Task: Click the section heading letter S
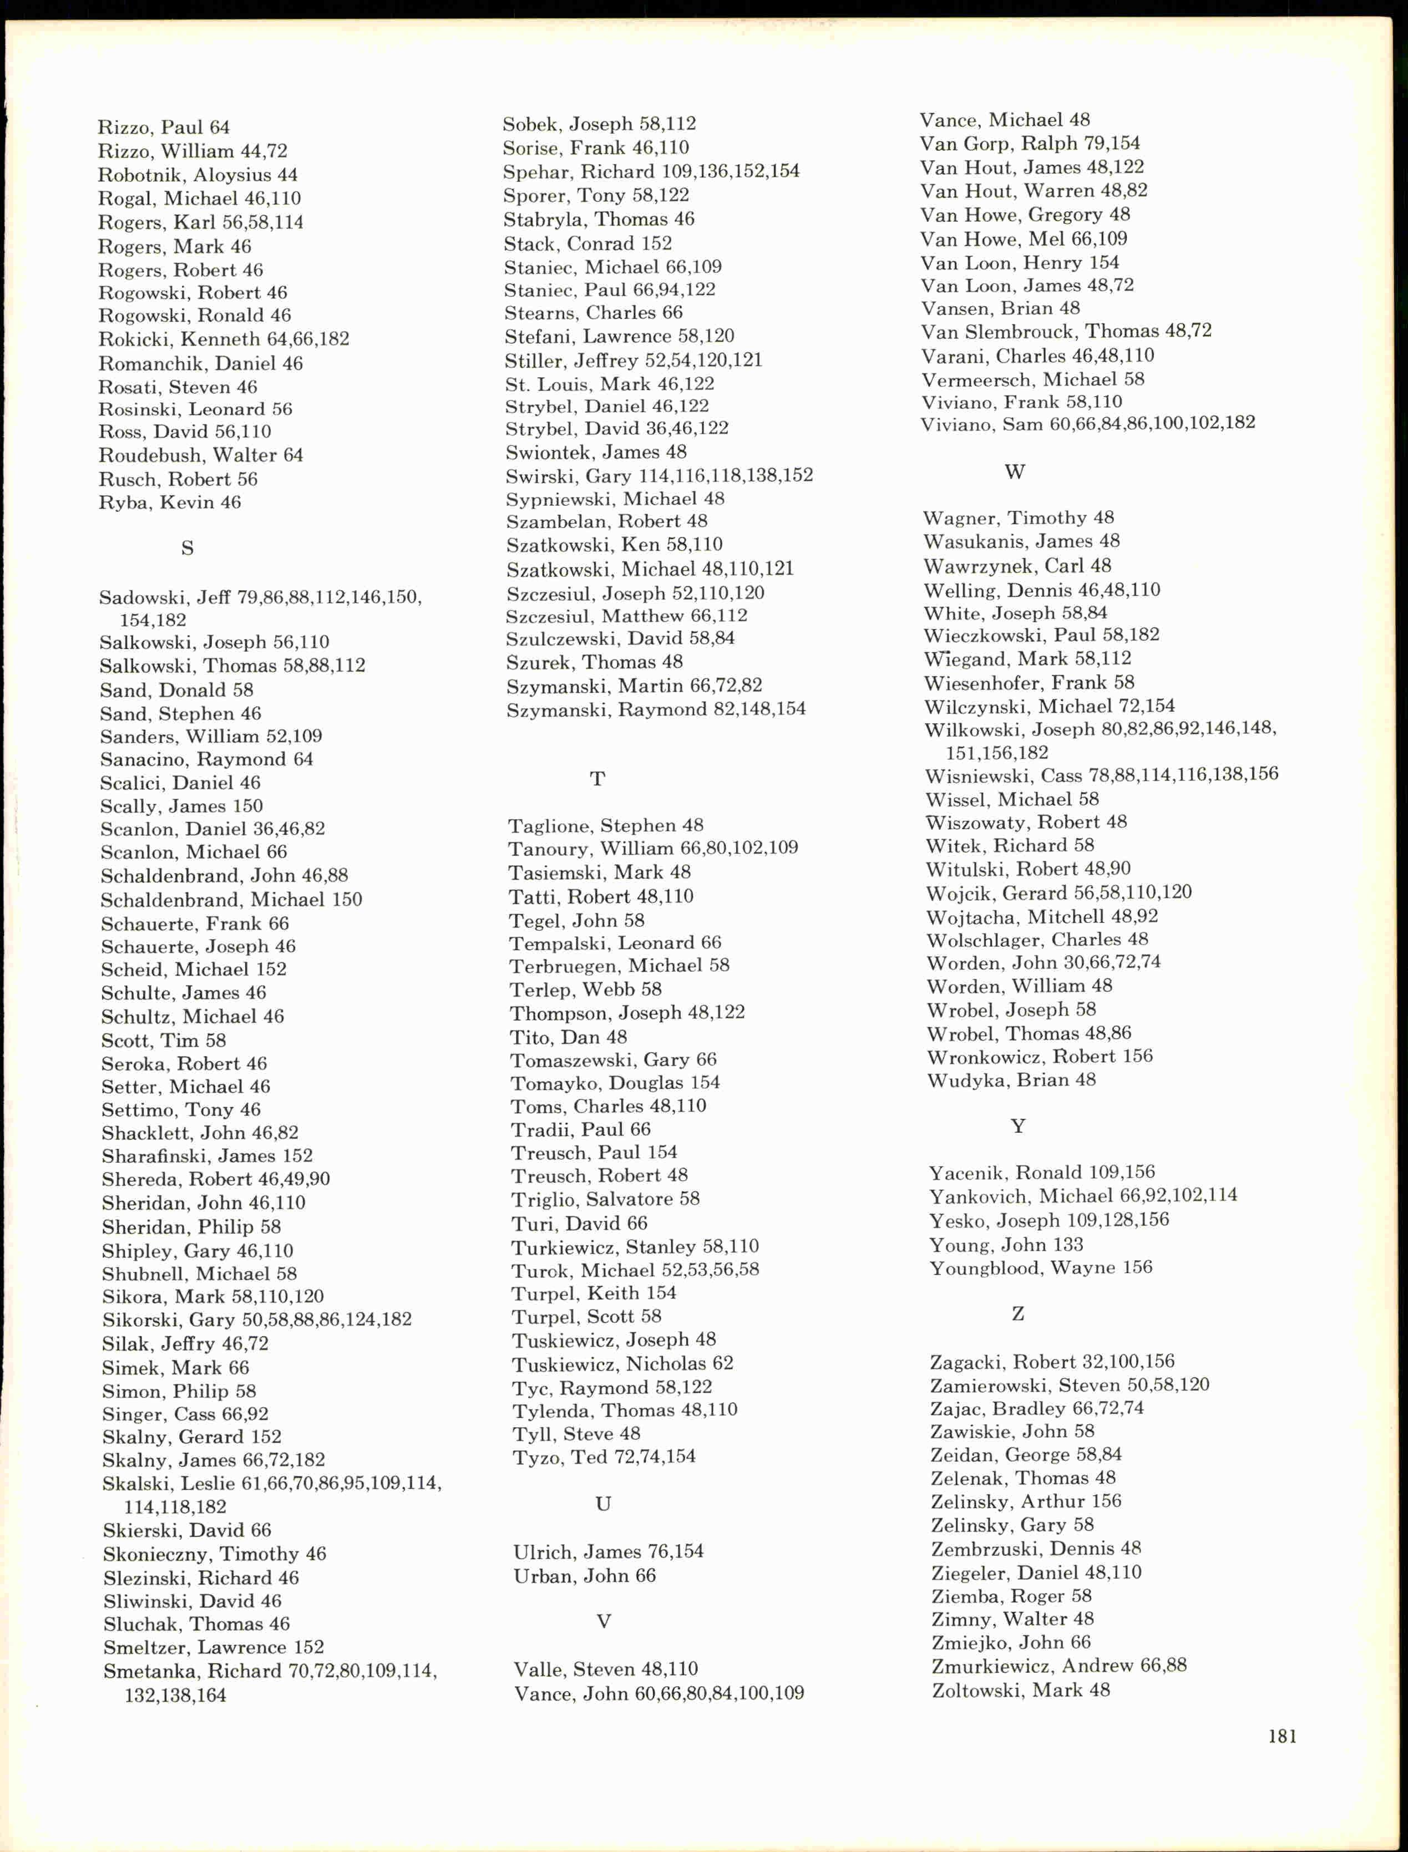point(187,548)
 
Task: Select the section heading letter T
point(597,779)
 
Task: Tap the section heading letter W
point(1014,472)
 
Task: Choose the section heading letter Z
point(1017,1314)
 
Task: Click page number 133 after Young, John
point(1066,1245)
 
